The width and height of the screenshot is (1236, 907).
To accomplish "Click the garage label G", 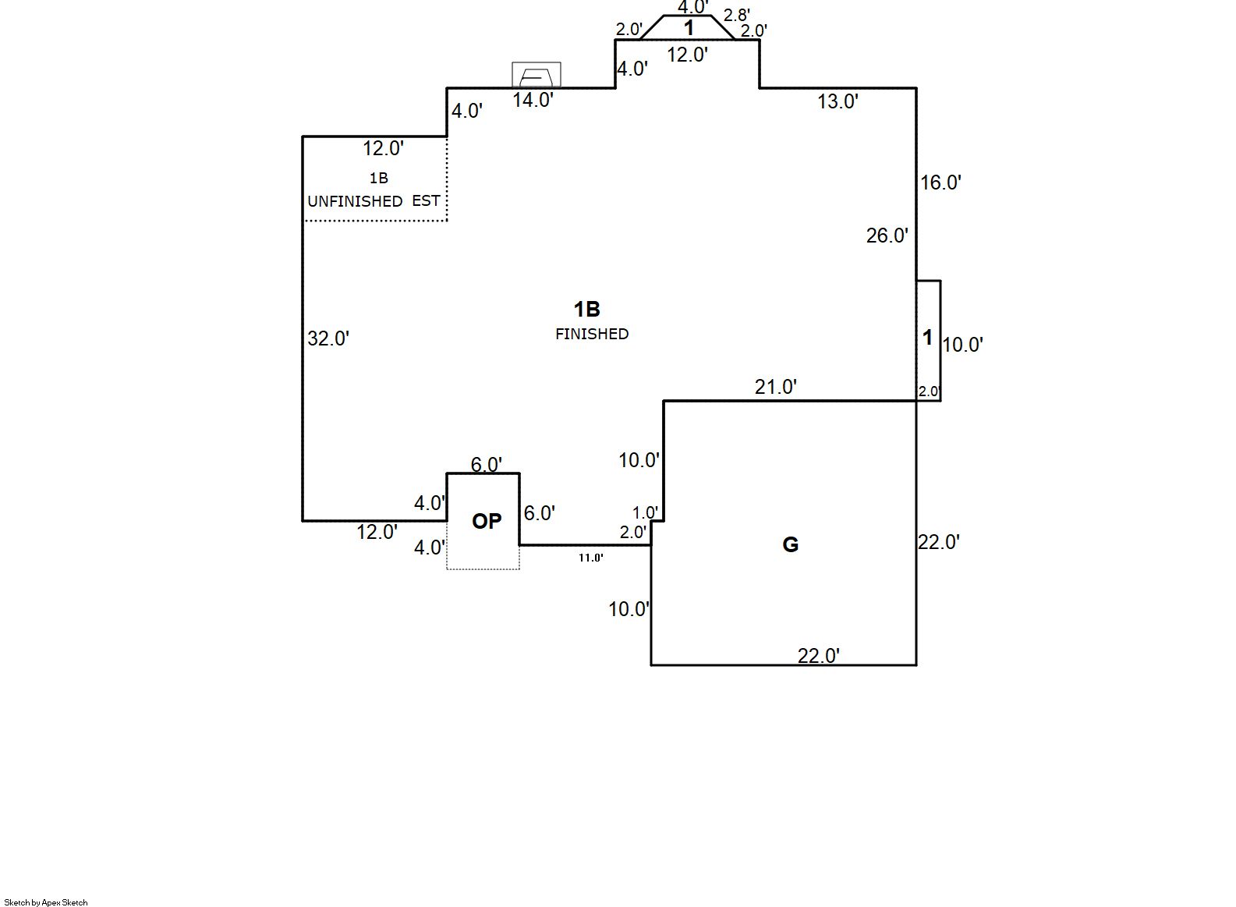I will point(790,544).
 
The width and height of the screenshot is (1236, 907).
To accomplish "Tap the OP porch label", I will point(487,521).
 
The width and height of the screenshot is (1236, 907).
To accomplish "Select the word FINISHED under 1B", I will point(592,334).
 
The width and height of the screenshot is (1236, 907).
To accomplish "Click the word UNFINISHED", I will point(355,201).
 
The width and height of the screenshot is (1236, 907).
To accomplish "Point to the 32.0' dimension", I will point(328,338).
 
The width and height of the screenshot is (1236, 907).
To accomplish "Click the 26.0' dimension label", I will point(887,236).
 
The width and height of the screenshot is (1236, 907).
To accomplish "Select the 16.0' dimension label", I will point(940,182).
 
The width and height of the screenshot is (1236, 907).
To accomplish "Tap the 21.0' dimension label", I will point(775,387).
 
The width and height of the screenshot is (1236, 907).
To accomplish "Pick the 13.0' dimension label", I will point(838,101).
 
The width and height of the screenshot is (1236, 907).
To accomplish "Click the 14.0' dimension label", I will point(533,100).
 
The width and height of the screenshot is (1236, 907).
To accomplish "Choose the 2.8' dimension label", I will point(737,16).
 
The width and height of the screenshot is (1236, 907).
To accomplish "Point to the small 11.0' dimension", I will point(590,558).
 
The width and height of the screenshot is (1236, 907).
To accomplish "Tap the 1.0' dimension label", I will point(645,512).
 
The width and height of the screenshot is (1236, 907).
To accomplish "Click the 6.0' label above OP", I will point(486,465).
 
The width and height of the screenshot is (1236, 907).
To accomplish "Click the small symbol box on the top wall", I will point(537,75).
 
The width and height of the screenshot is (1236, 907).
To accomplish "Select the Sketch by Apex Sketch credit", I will point(46,902).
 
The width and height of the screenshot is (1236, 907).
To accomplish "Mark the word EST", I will point(426,200).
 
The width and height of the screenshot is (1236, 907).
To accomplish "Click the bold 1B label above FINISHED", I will point(587,310).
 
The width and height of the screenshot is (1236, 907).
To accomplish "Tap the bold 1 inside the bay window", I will point(689,29).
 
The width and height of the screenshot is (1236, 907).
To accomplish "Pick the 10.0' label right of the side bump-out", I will point(963,345).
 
